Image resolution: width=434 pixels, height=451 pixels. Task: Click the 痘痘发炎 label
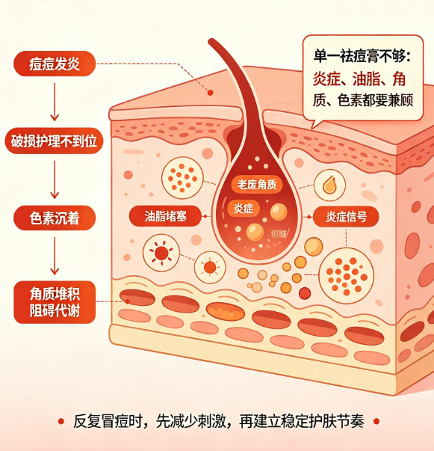coord(55,64)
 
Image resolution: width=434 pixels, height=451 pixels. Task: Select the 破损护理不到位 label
coord(54,141)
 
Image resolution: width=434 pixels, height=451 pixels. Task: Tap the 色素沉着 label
coord(55,218)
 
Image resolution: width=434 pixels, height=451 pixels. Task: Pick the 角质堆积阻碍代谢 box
coord(55,302)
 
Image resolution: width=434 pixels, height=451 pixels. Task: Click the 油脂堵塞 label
coord(165,216)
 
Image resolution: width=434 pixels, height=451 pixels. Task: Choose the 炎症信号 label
coord(346,217)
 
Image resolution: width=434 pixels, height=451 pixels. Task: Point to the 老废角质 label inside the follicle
coord(256,185)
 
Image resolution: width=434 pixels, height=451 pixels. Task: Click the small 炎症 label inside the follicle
coord(244,208)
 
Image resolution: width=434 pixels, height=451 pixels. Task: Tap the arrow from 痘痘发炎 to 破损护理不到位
coord(55,102)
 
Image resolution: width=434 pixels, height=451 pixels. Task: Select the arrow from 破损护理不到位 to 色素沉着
coord(55,180)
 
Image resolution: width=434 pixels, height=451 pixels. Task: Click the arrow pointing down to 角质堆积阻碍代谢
coord(55,256)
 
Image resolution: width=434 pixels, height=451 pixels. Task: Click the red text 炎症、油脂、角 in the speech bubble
coord(359,79)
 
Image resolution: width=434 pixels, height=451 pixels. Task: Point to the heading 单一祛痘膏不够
coord(362,56)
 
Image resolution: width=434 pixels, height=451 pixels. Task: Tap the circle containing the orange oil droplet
coord(329,185)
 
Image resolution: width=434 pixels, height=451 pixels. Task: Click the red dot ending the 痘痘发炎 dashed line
coord(210,93)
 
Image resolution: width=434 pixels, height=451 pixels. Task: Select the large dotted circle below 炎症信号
coord(347,276)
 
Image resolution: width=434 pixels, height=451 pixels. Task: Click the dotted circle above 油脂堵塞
coord(182,178)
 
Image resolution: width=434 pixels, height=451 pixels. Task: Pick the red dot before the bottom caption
coord(61,422)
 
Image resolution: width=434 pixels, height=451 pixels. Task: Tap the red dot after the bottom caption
coord(376,422)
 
